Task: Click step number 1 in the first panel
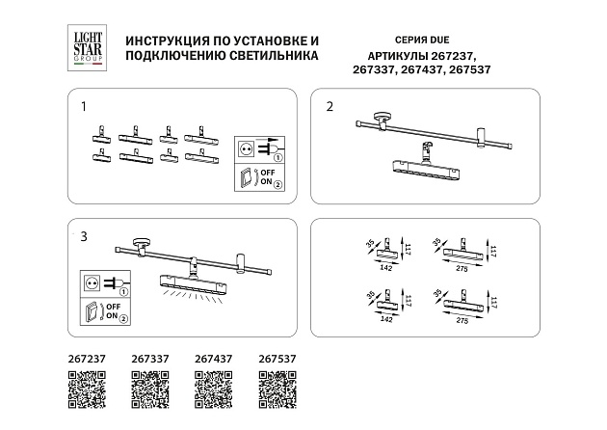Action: click(84, 105)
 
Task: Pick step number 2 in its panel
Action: click(329, 106)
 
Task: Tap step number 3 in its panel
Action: click(84, 234)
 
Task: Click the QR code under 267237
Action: click(87, 390)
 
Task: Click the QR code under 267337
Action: click(149, 390)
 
